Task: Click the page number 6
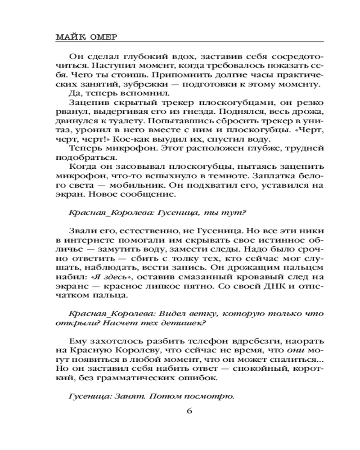click(x=189, y=410)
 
